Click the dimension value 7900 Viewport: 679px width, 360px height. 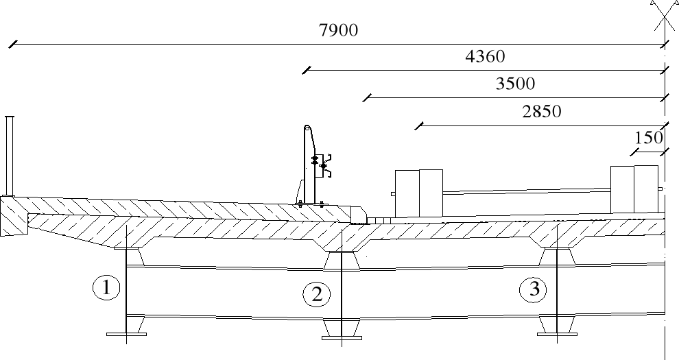tap(339, 31)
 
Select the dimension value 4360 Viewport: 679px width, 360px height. tap(485, 57)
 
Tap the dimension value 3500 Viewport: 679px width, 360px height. tap(514, 84)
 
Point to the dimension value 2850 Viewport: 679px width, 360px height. tap(541, 112)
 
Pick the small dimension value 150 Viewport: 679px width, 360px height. tap(647, 138)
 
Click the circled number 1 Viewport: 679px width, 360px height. tap(106, 288)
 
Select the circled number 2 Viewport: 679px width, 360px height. tap(317, 294)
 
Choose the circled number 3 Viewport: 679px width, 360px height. tap(534, 290)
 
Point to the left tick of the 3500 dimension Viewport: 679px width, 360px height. tap(367, 97)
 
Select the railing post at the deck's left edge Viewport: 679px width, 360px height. tap(10, 156)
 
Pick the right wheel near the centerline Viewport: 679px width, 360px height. tap(634, 189)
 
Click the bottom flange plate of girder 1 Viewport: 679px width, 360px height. tap(127, 334)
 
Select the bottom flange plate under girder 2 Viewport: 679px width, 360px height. tap(342, 337)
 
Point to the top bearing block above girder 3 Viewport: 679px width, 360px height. tap(556, 256)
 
